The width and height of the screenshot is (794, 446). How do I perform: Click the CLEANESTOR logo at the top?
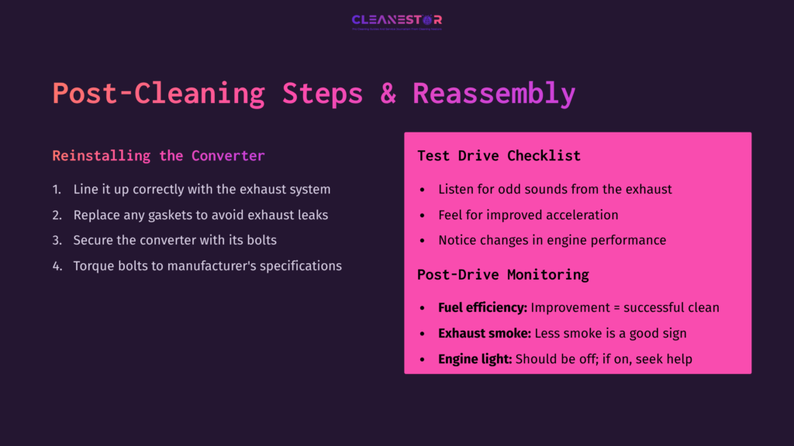click(396, 21)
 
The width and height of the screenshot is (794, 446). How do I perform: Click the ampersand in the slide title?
click(387, 93)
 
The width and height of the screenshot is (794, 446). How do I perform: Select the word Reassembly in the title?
click(494, 93)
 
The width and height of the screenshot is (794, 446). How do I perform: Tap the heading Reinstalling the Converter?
click(158, 156)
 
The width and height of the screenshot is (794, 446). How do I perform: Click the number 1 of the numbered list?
click(56, 189)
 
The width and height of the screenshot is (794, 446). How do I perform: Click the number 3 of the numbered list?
click(57, 240)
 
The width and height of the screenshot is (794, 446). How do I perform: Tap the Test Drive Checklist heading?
click(499, 156)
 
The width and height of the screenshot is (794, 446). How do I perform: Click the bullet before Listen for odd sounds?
click(422, 190)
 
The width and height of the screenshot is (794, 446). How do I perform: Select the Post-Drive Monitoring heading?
click(502, 274)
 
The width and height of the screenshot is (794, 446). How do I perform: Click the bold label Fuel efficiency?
click(482, 307)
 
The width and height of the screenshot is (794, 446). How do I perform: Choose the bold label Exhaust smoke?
click(485, 333)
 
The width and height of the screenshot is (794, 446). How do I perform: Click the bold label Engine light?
click(475, 359)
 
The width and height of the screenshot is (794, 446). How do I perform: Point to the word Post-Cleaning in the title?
click(158, 93)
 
